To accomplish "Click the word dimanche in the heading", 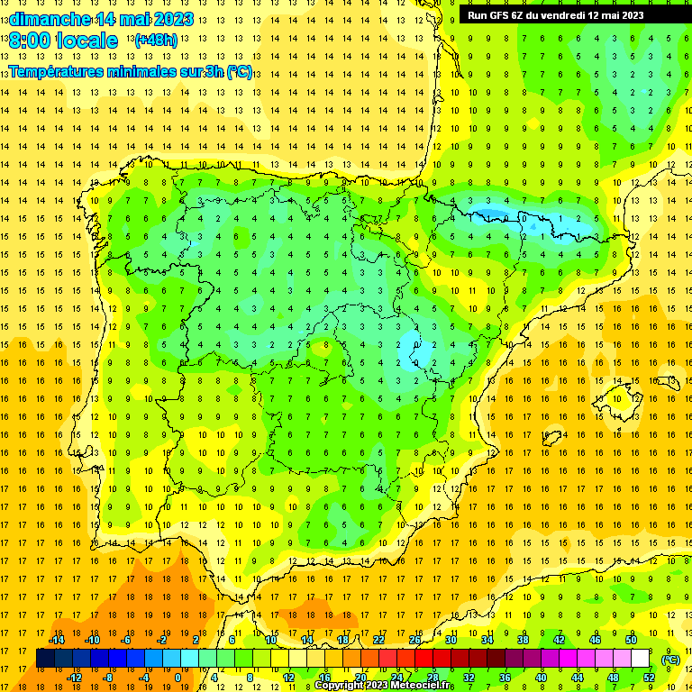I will (x=50, y=19).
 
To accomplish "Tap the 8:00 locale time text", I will (x=63, y=41).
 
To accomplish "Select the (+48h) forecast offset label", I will (x=157, y=40).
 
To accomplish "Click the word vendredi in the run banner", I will (x=574, y=14).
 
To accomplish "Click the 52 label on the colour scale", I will (x=649, y=677).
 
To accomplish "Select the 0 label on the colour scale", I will (x=178, y=677).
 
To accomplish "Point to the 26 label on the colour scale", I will (x=414, y=640).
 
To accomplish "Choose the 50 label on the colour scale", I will (x=631, y=640).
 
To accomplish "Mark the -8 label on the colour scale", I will (x=107, y=677).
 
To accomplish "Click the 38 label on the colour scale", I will (x=523, y=640).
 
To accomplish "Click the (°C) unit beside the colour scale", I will (x=671, y=659).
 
